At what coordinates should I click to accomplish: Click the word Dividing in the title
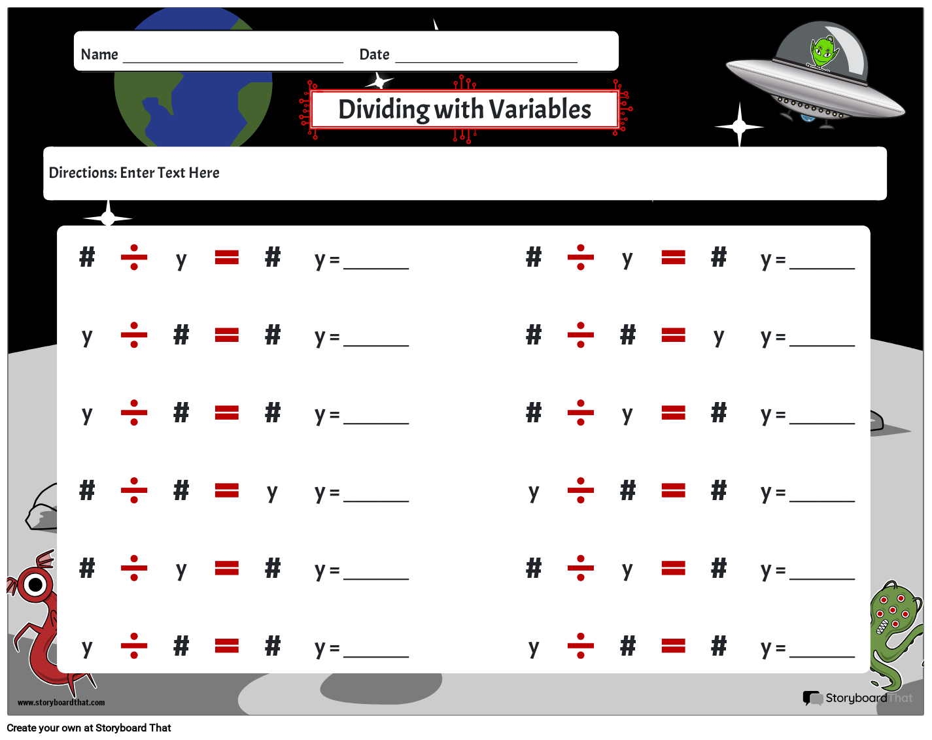coord(384,110)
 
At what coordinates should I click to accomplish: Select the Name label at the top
coord(99,54)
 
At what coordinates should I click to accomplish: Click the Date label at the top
coord(374,54)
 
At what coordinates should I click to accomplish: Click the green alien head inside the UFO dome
coord(824,52)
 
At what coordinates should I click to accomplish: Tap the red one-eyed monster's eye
coord(35,585)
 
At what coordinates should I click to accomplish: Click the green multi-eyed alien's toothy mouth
coord(883,626)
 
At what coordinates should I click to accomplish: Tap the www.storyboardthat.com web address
coord(61,702)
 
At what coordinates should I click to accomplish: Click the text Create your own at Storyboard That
coord(89,728)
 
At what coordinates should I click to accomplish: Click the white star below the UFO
coord(739,126)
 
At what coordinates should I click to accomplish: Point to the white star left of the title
coord(379,81)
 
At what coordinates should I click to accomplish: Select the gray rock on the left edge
coord(41,507)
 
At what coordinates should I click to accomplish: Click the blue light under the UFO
coord(807,118)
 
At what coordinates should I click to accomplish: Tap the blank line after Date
coord(486,62)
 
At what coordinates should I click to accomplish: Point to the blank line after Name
coord(233,62)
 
